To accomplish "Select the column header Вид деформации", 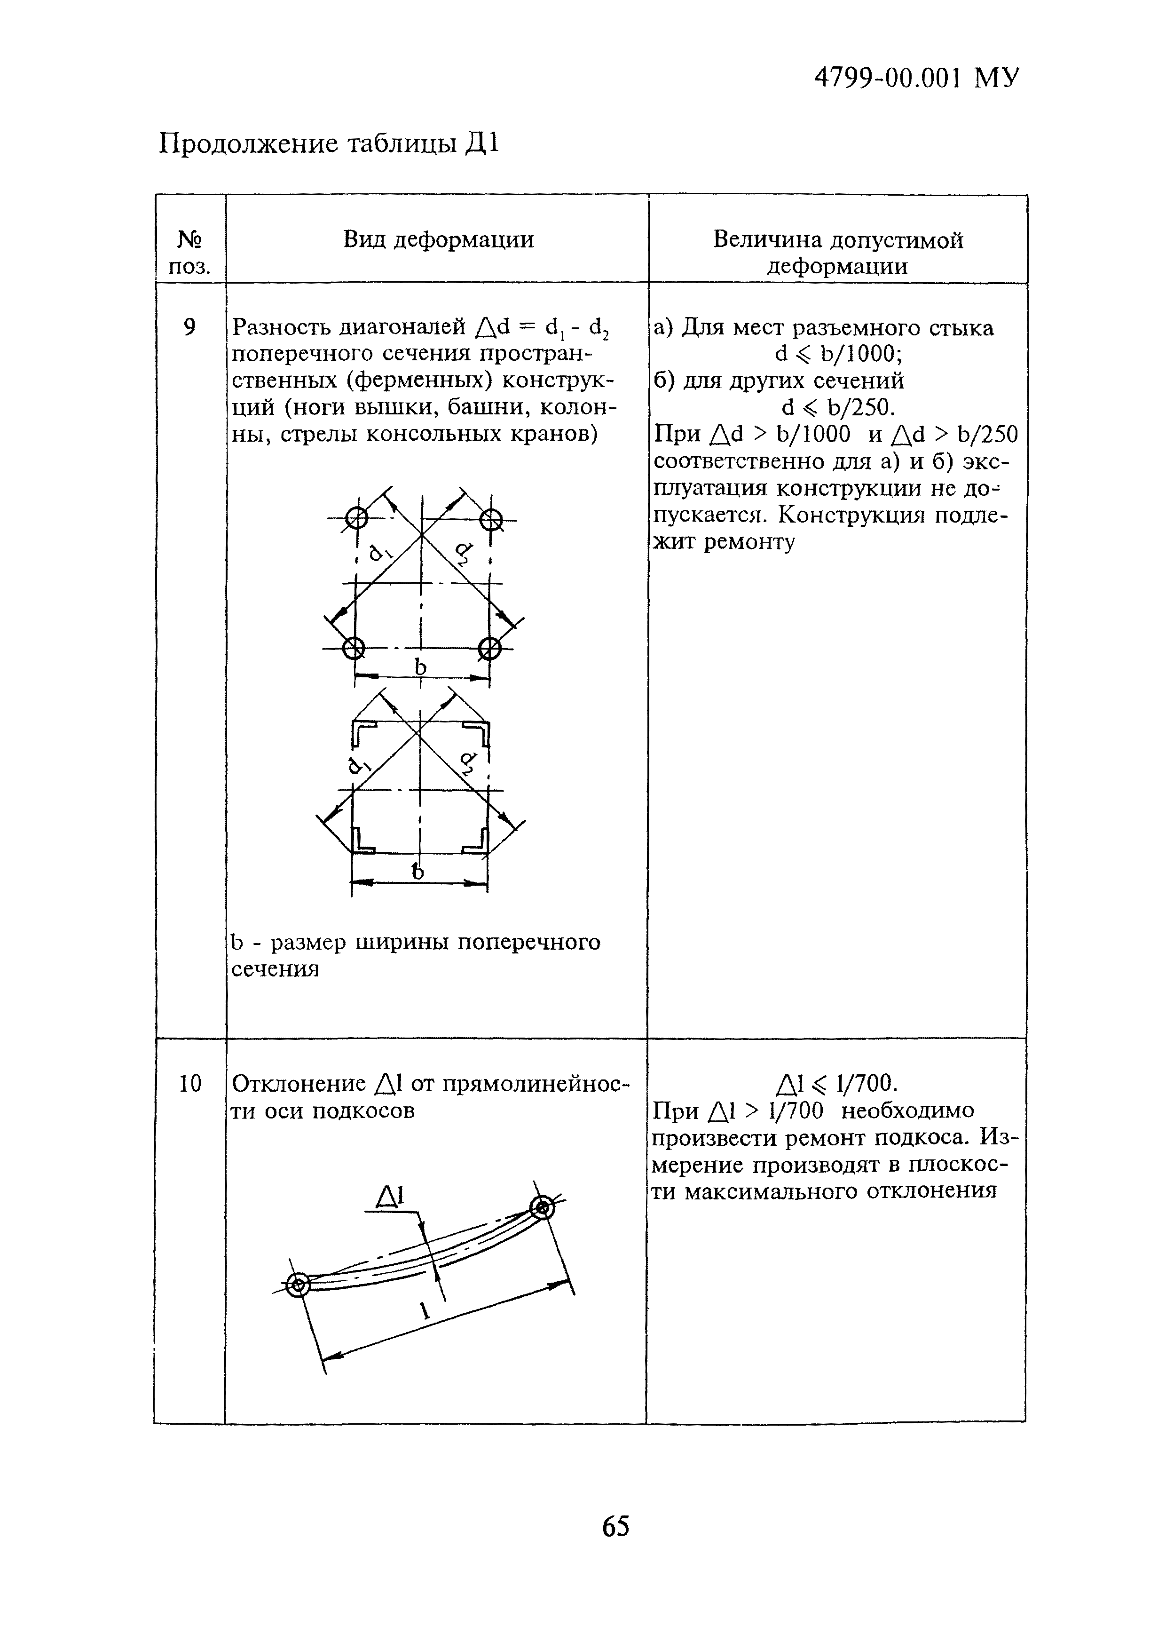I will coord(438,239).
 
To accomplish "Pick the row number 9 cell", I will coord(189,328).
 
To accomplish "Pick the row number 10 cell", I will coord(189,1083).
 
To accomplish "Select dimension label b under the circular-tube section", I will coord(420,667).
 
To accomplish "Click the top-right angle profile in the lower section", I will coord(479,734).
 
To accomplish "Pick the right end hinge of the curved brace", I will coord(543,1206).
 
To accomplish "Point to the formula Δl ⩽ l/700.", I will coord(837,1083).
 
